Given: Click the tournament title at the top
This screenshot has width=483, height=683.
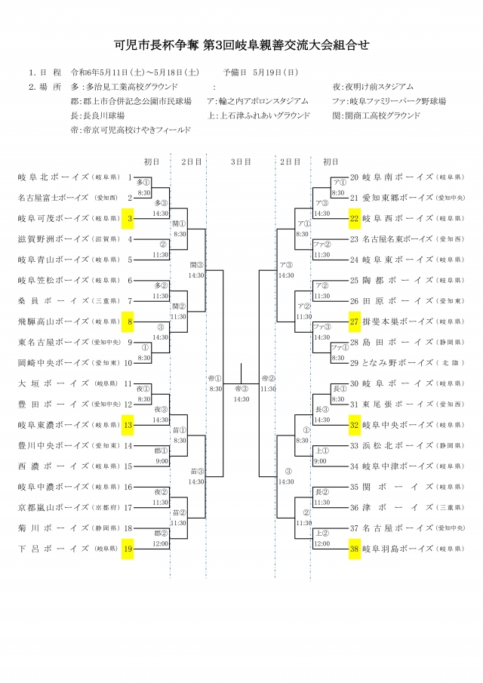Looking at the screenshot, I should [241, 45].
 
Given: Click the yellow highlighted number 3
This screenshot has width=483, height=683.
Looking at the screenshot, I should [129, 219].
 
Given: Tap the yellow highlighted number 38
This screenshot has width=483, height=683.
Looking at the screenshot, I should [354, 549].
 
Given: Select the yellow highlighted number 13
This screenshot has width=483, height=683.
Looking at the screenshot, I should [128, 425].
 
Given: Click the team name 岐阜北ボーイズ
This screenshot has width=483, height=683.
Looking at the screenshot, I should [54, 177].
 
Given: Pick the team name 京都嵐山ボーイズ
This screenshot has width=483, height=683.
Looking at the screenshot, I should [54, 507].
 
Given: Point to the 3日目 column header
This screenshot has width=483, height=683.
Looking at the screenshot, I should [241, 161].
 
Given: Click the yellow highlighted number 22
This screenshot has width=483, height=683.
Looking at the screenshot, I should [354, 219].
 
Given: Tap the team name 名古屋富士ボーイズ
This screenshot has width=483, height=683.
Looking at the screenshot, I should [54, 198].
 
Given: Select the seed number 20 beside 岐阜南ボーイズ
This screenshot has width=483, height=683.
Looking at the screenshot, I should [354, 177].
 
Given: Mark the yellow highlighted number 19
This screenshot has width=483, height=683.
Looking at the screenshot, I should [128, 549].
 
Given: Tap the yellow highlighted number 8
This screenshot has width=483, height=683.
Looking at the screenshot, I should [129, 322].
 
